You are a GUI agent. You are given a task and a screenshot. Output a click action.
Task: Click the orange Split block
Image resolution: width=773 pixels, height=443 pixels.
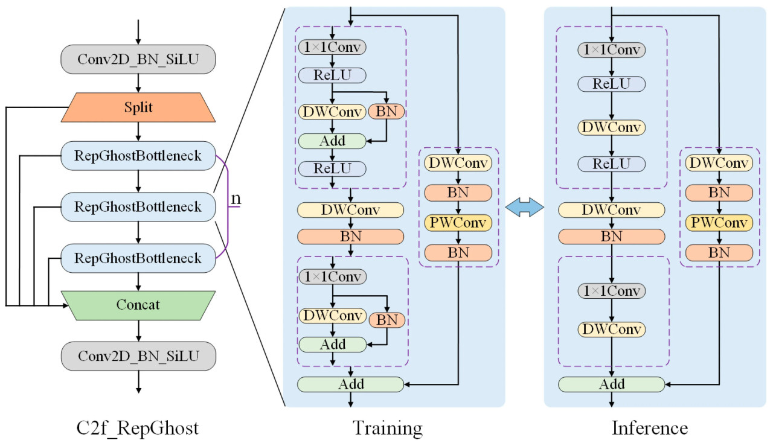pos(138,107)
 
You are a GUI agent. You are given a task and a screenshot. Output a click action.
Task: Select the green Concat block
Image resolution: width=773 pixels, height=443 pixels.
pos(138,305)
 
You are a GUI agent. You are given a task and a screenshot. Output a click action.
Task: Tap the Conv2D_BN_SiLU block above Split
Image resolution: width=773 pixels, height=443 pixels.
pos(138,59)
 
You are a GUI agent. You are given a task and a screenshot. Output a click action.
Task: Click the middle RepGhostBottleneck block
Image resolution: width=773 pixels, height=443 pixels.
pos(138,207)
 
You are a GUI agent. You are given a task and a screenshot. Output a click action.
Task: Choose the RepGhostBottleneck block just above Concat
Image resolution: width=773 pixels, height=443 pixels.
pos(138,258)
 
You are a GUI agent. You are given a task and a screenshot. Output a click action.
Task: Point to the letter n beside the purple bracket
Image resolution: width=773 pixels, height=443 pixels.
pos(237,199)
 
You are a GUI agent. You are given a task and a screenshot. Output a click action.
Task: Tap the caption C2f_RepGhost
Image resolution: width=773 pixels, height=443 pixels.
pos(137,428)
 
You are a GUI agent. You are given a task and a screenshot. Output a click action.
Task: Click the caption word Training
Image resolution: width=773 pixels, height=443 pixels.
pos(388,428)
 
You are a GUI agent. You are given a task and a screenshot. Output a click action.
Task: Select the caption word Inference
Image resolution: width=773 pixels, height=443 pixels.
pos(649,428)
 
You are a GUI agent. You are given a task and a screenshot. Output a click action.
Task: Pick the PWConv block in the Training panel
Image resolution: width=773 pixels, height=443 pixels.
pos(458,223)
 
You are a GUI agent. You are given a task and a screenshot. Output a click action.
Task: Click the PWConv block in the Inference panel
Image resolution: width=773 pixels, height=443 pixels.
pos(719,223)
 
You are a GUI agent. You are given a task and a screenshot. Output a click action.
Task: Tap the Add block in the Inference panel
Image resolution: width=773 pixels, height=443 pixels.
pos(611,384)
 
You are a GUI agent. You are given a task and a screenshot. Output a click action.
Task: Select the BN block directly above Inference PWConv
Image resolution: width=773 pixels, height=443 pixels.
pos(719,193)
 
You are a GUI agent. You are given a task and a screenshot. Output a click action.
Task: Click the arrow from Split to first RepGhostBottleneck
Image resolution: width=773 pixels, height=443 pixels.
pos(138,132)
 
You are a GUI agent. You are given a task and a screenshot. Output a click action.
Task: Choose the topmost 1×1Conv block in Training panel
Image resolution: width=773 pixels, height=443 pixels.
pos(332,46)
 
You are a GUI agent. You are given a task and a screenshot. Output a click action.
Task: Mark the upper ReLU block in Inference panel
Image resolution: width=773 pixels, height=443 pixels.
pos(611,83)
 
